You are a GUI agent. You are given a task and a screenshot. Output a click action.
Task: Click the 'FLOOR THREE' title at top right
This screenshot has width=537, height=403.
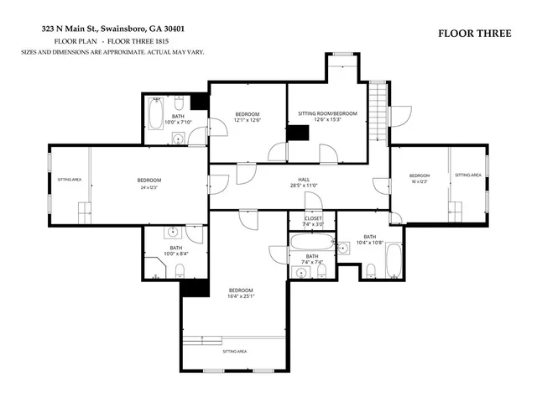(x=473, y=34)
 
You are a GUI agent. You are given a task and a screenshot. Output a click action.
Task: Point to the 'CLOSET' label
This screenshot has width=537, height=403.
(x=312, y=217)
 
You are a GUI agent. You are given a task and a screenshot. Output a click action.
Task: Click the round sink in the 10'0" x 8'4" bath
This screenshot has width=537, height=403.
(x=174, y=232)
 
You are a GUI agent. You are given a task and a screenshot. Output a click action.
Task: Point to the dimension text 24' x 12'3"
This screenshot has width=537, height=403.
(x=149, y=188)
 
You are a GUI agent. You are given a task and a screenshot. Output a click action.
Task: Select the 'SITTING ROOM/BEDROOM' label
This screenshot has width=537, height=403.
(x=327, y=113)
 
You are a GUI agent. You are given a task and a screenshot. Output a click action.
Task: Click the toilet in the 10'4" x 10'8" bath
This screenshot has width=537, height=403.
(x=371, y=270)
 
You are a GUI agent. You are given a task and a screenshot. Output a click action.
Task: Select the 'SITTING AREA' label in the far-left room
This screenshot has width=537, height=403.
(x=69, y=180)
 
